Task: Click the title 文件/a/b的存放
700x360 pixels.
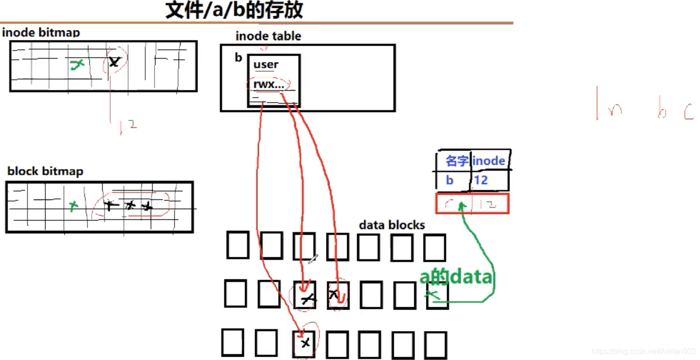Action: [x=234, y=10]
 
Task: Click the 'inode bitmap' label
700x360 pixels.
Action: [x=41, y=33]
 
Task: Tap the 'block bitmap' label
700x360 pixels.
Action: [x=45, y=171]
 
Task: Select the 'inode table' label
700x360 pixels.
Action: [x=268, y=36]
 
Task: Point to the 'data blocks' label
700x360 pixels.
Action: [x=392, y=225]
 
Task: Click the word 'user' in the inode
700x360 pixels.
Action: [x=266, y=65]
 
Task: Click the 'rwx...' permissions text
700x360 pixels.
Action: [x=268, y=85]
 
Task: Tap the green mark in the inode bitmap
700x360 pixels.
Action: [x=77, y=65]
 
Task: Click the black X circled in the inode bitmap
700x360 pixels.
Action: [x=114, y=61]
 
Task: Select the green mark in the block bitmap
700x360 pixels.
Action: [x=73, y=206]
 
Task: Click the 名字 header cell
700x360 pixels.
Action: [x=456, y=161]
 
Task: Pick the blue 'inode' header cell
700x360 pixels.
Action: [x=489, y=161]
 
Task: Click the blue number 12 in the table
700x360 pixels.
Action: [x=481, y=180]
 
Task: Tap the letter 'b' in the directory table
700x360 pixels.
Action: [x=450, y=180]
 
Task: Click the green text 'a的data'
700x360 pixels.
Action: [x=455, y=277]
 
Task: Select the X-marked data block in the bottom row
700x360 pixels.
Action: [x=305, y=343]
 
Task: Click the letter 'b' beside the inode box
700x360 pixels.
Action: [x=238, y=58]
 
